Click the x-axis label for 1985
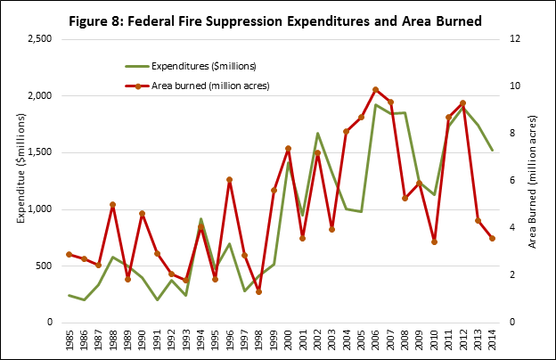coord(69,340)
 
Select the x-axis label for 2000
coord(288,340)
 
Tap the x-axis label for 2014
coord(492,340)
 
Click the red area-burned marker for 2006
coord(375,89)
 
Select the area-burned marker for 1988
coord(112,205)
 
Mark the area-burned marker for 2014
coord(492,238)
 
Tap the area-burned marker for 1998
coord(258,291)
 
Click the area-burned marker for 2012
coord(462,103)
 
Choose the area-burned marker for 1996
coord(229,180)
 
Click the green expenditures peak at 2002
coord(317,134)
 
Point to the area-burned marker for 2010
coord(434,241)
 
